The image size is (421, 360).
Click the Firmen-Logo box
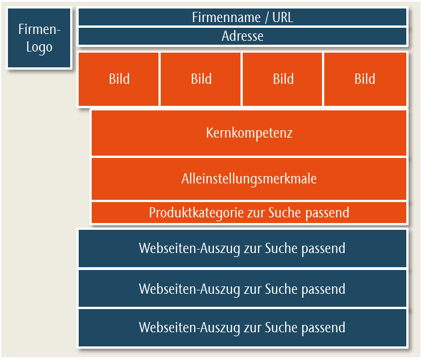point(39,38)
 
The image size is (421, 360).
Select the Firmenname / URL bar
point(242,17)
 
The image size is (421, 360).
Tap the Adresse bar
point(242,36)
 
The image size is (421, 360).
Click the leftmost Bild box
point(118,79)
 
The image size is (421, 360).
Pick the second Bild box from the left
point(200,79)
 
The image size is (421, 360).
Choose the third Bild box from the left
point(282,79)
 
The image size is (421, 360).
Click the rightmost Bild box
point(365,79)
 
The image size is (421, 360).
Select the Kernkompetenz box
point(249,133)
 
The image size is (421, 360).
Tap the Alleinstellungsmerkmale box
point(249,179)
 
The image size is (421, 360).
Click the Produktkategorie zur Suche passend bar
point(249,213)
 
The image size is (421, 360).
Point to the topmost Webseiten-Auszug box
point(242,248)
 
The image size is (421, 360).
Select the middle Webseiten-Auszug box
point(242,289)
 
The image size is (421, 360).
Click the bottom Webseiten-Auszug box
point(242,328)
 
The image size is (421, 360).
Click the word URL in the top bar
point(282,18)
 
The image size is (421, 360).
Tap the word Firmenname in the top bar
point(226,18)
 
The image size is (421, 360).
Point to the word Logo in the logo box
point(39,48)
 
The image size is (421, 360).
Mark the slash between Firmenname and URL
point(267,18)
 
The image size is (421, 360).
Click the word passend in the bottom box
point(323,328)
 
